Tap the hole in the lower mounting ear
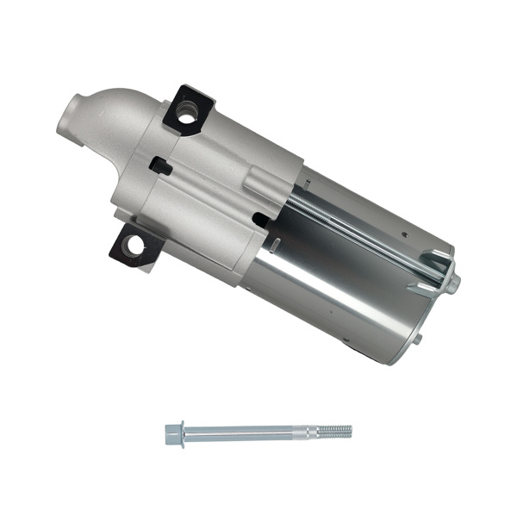coord(133,246)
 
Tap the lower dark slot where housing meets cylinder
coord(259,221)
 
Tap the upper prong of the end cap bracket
coord(435,256)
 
